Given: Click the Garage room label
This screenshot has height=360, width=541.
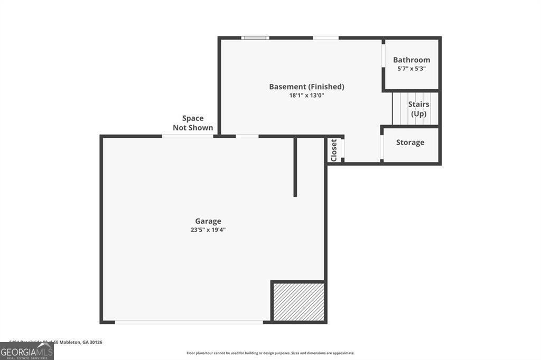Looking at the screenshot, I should [x=208, y=221].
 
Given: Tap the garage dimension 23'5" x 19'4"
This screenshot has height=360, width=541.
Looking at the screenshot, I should [x=208, y=230].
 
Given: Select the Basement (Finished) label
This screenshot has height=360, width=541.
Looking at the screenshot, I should [x=306, y=87].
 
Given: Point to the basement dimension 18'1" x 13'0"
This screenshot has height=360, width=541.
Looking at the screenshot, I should [x=306, y=96].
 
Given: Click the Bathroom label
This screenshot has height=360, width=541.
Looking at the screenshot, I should [x=411, y=60].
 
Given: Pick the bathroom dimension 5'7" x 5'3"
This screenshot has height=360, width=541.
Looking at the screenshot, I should [x=411, y=69].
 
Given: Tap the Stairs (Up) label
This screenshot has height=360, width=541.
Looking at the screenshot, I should [x=418, y=109].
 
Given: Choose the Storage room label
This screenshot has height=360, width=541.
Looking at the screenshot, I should [x=410, y=143].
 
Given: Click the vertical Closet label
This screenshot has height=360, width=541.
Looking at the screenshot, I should [x=333, y=150].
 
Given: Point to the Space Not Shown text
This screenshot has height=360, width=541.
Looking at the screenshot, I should [x=193, y=123].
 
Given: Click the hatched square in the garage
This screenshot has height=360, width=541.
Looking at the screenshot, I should [x=299, y=301].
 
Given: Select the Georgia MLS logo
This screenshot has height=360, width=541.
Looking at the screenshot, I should [x=26, y=351].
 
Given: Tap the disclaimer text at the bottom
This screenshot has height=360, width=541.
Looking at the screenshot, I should [x=270, y=353].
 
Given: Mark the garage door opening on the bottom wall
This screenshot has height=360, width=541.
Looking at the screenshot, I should [x=189, y=321].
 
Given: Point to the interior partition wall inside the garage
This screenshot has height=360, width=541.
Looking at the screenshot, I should [x=295, y=167].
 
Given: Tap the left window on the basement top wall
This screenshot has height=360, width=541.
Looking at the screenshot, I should [x=255, y=37].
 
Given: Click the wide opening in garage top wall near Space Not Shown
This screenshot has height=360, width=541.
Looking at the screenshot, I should [x=188, y=136].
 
